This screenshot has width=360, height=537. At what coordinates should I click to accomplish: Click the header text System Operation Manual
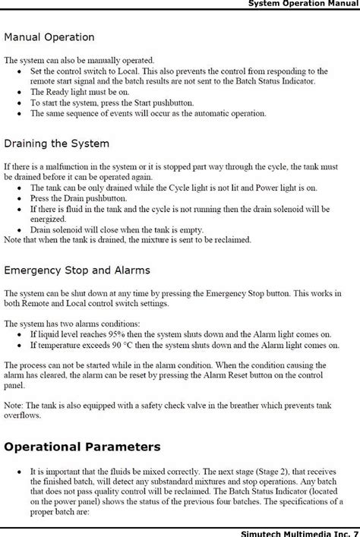pyautogui.click(x=303, y=5)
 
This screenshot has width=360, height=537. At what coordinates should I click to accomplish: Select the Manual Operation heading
pyautogui.click(x=49, y=36)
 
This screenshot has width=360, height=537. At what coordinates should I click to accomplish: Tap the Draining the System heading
pyautogui.click(x=56, y=143)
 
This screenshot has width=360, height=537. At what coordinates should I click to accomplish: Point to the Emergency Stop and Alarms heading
pyautogui.click(x=77, y=269)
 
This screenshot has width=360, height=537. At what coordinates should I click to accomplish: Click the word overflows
pyautogui.click(x=22, y=415)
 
